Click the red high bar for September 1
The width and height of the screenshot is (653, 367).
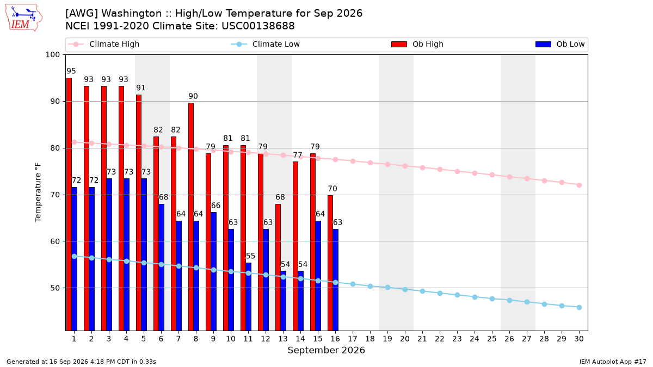click(x=69, y=204)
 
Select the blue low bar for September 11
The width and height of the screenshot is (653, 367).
click(x=248, y=296)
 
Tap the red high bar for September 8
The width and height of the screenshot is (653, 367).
click(x=191, y=217)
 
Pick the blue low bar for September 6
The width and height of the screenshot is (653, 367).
click(x=161, y=267)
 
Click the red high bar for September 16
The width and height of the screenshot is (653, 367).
click(x=330, y=263)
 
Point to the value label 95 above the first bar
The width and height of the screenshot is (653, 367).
click(x=71, y=71)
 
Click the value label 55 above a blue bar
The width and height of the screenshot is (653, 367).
click(x=251, y=256)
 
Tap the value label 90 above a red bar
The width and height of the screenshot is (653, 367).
click(x=193, y=96)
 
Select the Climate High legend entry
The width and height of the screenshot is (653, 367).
click(x=104, y=44)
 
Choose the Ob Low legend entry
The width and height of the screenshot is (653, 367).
click(x=560, y=44)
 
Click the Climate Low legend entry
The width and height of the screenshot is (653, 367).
click(x=266, y=44)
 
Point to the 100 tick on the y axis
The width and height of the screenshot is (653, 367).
click(x=52, y=55)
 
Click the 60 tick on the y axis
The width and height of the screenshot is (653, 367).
click(x=55, y=241)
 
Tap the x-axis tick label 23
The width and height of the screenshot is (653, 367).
click(x=457, y=339)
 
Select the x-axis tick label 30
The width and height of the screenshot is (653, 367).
click(x=579, y=339)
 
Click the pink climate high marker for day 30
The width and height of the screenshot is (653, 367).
click(x=579, y=185)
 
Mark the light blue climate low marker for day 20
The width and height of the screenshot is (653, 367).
click(x=405, y=289)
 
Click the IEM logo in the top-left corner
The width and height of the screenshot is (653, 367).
click(x=23, y=18)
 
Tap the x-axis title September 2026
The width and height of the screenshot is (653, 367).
click(x=326, y=350)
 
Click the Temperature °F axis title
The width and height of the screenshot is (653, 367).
click(x=38, y=192)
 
